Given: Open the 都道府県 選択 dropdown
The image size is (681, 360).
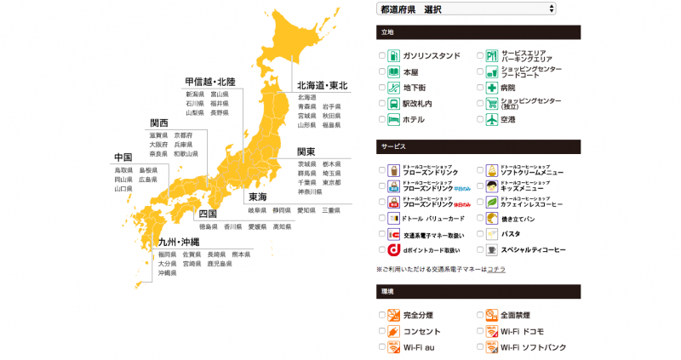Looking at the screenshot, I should click(466, 9).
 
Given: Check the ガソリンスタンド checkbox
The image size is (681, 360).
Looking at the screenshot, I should click(382, 56).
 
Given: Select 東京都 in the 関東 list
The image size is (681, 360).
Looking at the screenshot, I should click(331, 182).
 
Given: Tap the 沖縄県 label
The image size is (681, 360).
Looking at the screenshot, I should click(167, 273).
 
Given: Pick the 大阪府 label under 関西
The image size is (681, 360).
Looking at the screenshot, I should click(157, 145).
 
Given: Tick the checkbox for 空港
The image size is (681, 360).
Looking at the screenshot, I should click(480, 120).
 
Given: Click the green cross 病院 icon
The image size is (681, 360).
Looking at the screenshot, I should click(491, 88).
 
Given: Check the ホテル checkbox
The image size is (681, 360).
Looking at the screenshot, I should click(382, 120).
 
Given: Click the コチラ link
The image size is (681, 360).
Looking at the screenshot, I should click(496, 269).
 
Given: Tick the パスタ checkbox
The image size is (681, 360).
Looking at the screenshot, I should click(480, 234).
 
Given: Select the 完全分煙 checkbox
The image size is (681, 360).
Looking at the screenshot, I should click(382, 316).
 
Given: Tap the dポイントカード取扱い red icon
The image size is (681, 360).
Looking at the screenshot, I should click(394, 250).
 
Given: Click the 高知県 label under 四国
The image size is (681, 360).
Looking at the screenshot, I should click(282, 227).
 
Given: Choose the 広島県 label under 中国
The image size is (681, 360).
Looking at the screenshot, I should click(148, 180).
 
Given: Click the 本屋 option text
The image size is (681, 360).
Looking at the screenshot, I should click(410, 72).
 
